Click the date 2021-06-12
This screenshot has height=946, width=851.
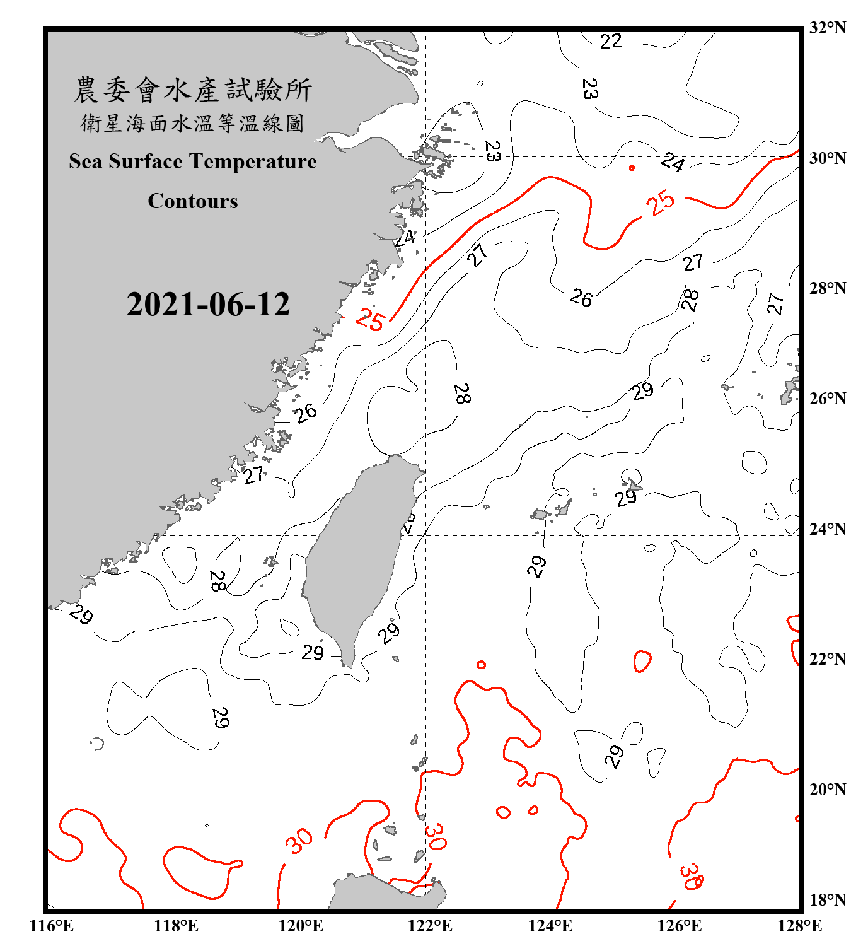208,304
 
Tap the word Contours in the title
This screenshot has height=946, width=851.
193,201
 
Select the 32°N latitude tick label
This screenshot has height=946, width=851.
827,28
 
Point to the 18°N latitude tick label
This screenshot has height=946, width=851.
827,900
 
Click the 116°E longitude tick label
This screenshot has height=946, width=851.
51,926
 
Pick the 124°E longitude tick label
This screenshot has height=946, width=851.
550,926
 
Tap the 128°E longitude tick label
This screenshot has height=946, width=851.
799,926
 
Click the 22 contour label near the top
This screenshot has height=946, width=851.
611,42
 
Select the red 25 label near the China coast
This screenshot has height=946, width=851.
369,320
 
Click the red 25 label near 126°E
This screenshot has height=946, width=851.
660,203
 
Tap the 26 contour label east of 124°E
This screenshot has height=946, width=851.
581,297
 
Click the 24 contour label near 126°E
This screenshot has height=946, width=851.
673,162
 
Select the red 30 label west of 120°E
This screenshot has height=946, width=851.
298,841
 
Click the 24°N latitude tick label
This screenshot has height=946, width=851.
827,528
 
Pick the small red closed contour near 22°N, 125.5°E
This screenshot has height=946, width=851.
642,661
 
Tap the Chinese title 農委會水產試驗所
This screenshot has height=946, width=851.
193,90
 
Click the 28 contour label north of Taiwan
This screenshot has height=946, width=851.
462,394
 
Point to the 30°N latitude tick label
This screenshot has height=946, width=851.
827,158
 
